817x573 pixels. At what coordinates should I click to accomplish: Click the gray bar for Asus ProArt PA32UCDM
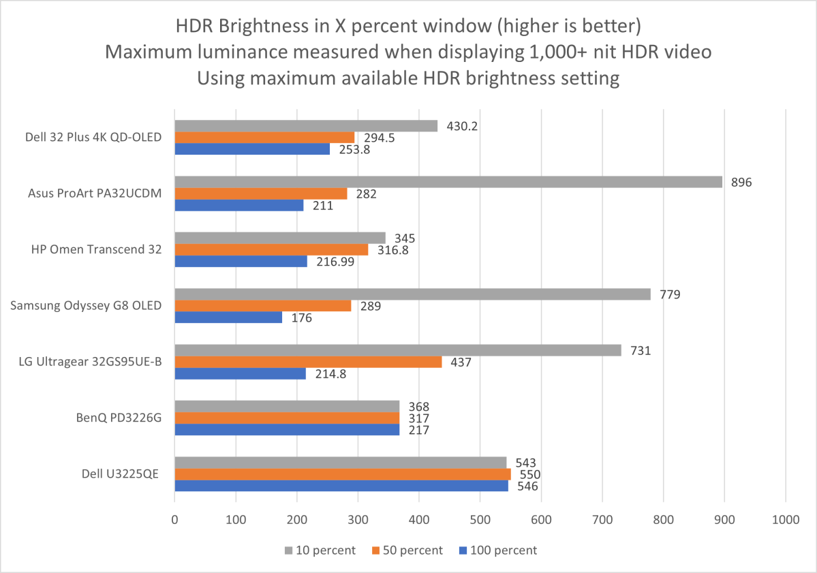coord(448,182)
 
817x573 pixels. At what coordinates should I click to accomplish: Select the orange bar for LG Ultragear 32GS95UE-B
coord(308,362)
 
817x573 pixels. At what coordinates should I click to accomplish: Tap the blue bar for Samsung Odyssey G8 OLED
coord(228,318)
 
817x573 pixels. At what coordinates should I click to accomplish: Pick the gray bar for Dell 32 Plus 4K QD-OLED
coord(306,126)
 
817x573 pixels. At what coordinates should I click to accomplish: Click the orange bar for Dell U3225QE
coord(343,474)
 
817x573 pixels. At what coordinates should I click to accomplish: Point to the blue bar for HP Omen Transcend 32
coord(241,262)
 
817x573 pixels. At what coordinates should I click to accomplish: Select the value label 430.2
coord(463,126)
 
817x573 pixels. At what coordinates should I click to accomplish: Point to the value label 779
coord(670,294)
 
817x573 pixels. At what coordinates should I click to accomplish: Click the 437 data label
coord(461,362)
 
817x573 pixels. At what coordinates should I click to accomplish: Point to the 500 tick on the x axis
coord(480,518)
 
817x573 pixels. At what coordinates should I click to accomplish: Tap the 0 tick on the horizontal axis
coord(175,518)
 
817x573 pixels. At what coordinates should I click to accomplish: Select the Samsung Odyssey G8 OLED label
coord(86,305)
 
